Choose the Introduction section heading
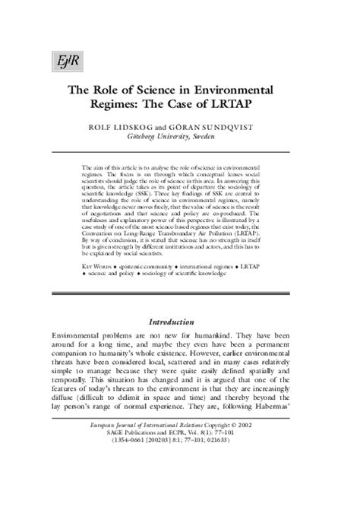179,322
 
